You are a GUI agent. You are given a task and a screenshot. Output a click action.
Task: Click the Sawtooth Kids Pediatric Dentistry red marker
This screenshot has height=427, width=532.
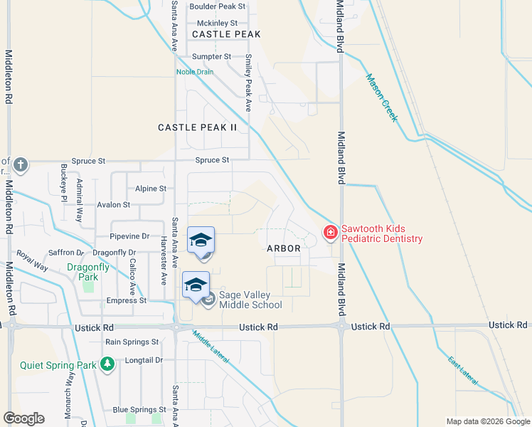pos(330,233)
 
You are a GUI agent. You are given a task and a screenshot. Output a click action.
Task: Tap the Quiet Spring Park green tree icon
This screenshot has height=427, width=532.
pos(107,365)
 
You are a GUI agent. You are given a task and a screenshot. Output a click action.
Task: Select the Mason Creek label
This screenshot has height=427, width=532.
pos(381,98)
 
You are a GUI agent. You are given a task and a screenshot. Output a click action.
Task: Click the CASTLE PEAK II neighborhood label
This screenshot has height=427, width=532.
pos(197,127)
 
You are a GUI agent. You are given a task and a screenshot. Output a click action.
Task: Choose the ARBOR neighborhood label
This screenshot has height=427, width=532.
pos(284,248)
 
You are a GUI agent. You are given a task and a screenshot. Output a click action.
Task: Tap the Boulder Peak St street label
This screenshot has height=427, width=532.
pos(217,6)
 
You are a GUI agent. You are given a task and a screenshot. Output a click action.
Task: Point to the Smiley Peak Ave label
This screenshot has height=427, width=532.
pos(249,83)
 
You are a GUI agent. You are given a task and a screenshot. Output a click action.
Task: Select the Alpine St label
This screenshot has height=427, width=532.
pos(150,189)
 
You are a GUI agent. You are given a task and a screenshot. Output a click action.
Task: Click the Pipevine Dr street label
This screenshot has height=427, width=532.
pos(129,236)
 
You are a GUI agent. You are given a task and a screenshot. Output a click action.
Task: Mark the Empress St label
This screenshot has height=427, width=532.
pos(126,300)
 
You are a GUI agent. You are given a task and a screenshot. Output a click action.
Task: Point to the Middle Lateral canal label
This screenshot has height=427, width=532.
pos(211,347)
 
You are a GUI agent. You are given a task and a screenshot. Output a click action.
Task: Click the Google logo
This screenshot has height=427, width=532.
pos(23,418)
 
